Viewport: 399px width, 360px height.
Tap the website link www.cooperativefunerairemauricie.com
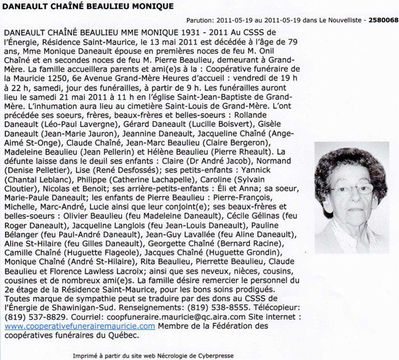(x=80, y=326)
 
